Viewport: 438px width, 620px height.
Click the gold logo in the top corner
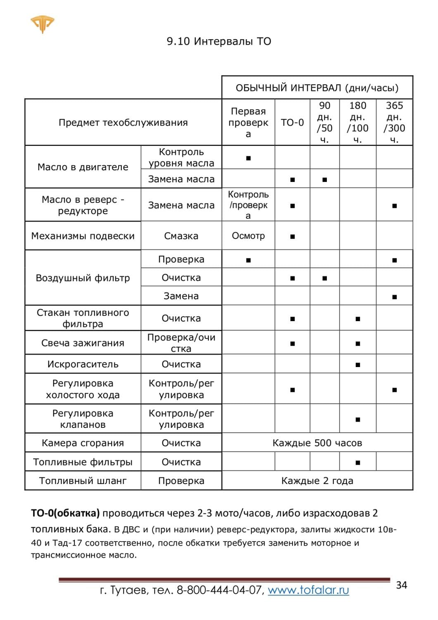(42, 24)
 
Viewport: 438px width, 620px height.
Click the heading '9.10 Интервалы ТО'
(219, 41)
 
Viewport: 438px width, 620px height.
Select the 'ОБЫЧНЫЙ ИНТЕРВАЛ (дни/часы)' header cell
(317, 88)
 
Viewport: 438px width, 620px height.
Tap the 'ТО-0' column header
(292, 122)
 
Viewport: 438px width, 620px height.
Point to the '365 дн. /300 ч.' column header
(394, 122)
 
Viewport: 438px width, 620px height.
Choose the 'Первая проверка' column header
(248, 122)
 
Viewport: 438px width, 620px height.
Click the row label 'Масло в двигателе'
(83, 167)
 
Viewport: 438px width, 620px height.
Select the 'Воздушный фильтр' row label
(83, 278)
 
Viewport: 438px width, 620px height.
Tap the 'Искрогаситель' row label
(83, 364)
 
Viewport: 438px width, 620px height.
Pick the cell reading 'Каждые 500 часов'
(317, 443)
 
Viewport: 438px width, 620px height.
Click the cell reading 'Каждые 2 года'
(317, 481)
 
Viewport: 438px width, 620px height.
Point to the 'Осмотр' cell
(248, 236)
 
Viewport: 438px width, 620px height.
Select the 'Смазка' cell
(181, 236)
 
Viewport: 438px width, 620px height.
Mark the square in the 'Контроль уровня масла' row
(248, 158)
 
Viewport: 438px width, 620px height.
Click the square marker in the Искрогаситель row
(357, 365)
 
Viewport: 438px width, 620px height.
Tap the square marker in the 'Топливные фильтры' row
(357, 463)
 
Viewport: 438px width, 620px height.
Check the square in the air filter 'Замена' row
(395, 297)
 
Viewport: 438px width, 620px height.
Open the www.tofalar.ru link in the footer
(308, 590)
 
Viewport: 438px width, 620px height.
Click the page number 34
(401, 585)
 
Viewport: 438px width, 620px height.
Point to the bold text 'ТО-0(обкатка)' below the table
(65, 513)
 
